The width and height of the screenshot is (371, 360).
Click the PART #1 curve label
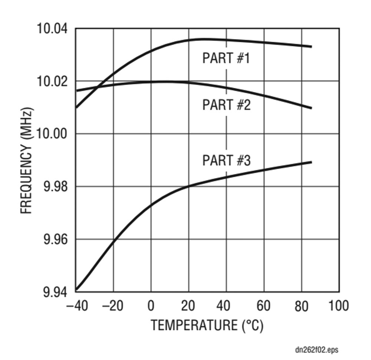click(226, 58)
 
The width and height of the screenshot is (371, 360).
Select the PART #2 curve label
click(226, 105)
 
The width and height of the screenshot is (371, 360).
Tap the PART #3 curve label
click(226, 161)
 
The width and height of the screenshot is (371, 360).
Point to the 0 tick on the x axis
click(151, 306)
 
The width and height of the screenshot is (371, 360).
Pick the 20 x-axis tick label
click(188, 306)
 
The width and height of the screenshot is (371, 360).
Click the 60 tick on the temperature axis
click(264, 306)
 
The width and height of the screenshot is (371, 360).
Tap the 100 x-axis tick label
click(338, 306)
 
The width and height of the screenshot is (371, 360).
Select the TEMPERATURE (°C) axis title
click(207, 325)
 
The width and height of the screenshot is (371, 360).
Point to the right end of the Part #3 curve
click(311, 162)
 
